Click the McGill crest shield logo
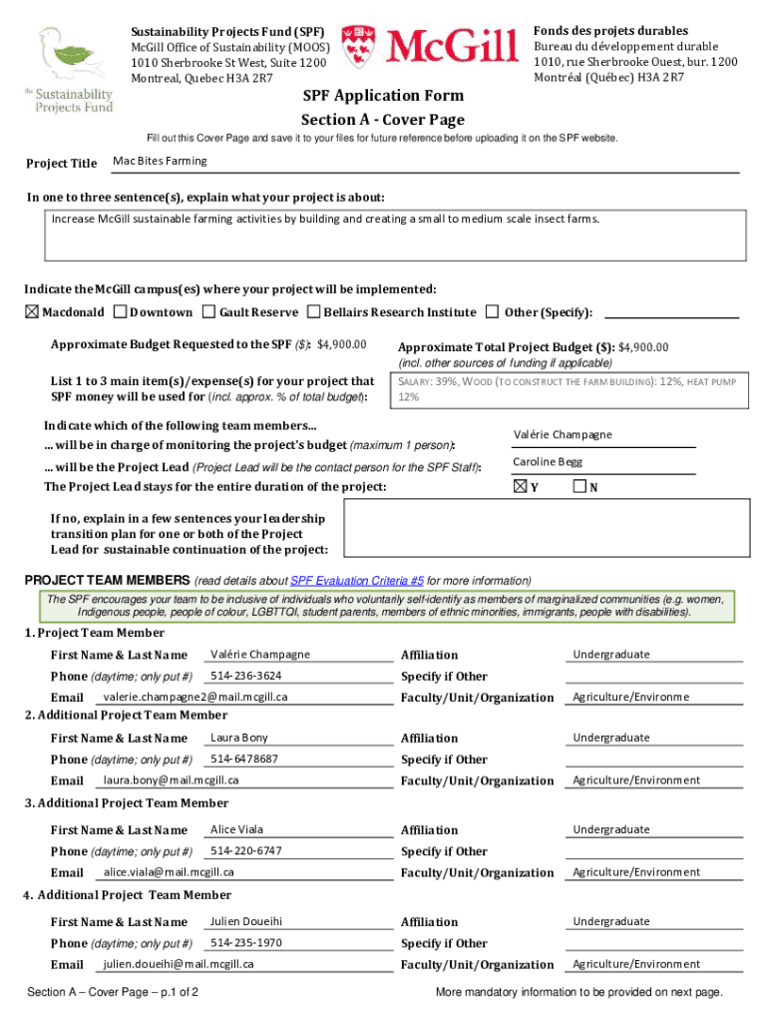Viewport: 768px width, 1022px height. [x=360, y=48]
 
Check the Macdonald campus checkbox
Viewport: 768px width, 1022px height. [x=32, y=312]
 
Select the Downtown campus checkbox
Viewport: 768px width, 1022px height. [x=121, y=312]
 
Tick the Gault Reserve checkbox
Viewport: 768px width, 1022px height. [x=209, y=312]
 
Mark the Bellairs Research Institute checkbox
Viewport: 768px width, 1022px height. [x=315, y=312]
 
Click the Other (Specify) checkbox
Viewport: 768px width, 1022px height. [x=492, y=312]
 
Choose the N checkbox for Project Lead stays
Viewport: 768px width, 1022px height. [x=579, y=487]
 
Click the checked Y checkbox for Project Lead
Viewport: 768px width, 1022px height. [x=520, y=487]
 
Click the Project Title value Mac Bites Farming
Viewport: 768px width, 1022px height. [x=161, y=161]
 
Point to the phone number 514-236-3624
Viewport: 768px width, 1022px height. [x=245, y=676]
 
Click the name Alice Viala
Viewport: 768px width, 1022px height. [x=237, y=829]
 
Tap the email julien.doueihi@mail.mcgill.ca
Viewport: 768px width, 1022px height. [x=179, y=964]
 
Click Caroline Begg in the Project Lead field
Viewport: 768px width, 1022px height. [x=548, y=462]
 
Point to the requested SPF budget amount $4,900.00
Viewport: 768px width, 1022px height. [x=342, y=345]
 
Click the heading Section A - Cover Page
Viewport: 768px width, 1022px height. [x=383, y=120]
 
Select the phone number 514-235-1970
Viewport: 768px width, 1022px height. [x=245, y=942]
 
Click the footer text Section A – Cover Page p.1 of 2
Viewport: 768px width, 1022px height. [x=114, y=992]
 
